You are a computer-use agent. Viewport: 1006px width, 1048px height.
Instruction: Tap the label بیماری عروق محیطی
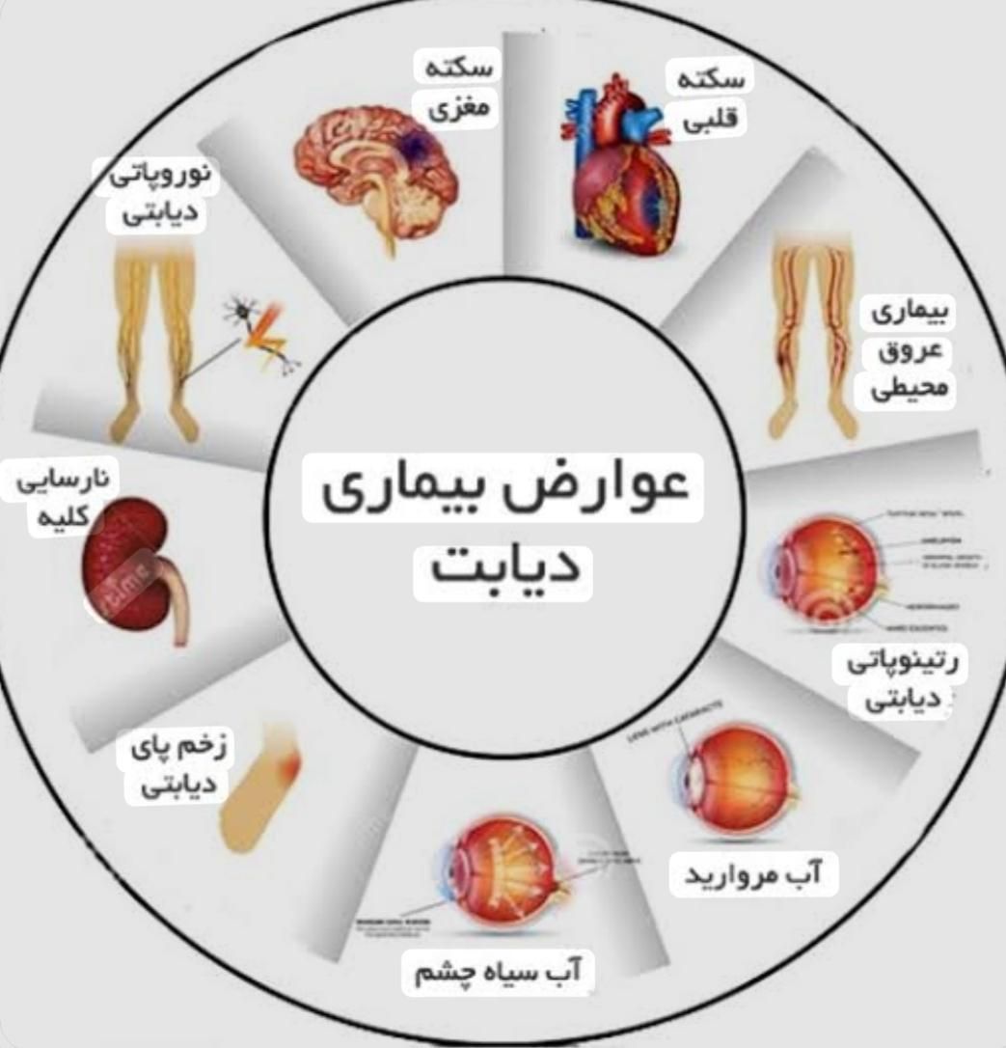(x=911, y=351)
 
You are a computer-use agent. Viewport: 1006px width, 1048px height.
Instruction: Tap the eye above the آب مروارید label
(x=738, y=782)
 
